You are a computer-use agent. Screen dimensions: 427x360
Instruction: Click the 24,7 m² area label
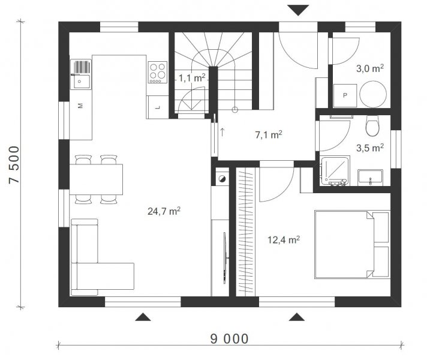coord(164,211)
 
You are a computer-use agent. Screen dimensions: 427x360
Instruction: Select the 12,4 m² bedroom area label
coord(284,240)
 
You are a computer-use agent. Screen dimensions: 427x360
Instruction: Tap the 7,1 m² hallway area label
coord(269,134)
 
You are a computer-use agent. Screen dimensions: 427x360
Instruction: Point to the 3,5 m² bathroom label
coord(370,148)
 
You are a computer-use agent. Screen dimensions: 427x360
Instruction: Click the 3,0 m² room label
coord(370,68)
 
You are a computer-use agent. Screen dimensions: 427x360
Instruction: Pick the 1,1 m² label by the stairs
coord(192,78)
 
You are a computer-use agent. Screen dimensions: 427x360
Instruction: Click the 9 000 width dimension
coord(229,339)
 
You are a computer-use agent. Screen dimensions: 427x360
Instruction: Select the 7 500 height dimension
coord(14,164)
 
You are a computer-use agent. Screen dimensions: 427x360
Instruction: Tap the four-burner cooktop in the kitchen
coord(158,72)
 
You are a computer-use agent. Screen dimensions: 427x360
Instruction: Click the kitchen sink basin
coord(81,82)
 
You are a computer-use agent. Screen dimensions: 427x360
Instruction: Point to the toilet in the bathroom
coord(372,125)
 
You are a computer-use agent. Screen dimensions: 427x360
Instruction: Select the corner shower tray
coord(335,170)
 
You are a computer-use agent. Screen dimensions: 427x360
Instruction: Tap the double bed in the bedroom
coord(352,244)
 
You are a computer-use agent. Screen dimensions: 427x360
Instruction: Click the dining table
coord(96,179)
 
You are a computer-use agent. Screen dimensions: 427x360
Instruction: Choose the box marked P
coord(345,95)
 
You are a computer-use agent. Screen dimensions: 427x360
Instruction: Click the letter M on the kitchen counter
coord(80,106)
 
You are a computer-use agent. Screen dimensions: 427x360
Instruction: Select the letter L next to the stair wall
coord(157,107)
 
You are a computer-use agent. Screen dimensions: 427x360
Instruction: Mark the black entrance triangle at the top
coord(298,10)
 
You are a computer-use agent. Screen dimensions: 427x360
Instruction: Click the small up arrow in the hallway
coord(222,132)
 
